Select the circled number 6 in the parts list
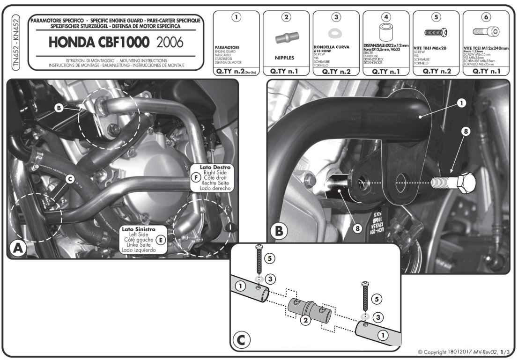[486, 17]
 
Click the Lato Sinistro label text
[137, 230]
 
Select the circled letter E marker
[160, 240]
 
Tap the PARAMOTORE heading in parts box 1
[227, 48]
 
